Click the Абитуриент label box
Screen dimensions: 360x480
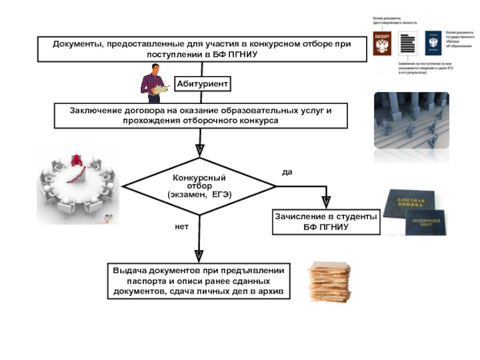click(202, 84)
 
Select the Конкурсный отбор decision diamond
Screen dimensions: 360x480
click(199, 187)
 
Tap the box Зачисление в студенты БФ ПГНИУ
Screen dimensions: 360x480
click(326, 221)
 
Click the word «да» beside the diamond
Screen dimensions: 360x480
click(287, 172)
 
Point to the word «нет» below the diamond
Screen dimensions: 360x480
click(182, 227)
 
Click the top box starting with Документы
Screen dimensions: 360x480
click(201, 49)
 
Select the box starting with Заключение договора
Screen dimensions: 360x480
click(200, 116)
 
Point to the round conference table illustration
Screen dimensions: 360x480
click(77, 183)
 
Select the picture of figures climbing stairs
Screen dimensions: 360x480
click(411, 121)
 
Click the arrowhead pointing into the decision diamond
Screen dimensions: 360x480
click(200, 149)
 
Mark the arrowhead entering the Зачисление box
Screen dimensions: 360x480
click(326, 202)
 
